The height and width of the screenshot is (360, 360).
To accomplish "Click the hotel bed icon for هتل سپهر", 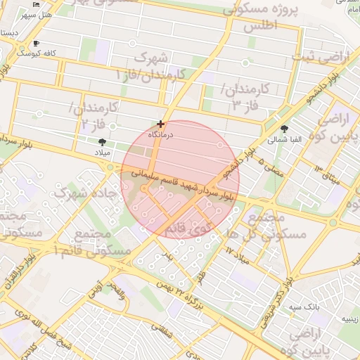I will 37,4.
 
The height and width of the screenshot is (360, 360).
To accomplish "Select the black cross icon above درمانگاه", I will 162,123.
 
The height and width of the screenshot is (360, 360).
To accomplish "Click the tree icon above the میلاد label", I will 103,142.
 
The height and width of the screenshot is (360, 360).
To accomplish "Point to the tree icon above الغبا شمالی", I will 284,129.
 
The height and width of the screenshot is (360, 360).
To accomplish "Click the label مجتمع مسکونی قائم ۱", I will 101,242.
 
